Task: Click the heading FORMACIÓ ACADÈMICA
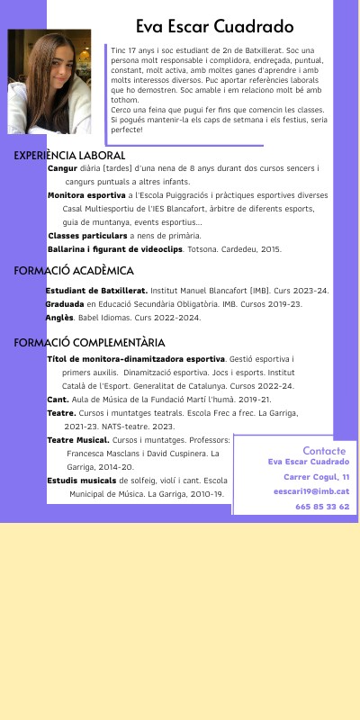point(74,271)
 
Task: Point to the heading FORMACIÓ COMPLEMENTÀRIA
point(89,343)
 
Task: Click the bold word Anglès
point(59,318)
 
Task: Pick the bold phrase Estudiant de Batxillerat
point(96,291)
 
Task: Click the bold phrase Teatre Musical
point(77,440)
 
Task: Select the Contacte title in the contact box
point(323,450)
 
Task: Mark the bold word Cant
point(58,399)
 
